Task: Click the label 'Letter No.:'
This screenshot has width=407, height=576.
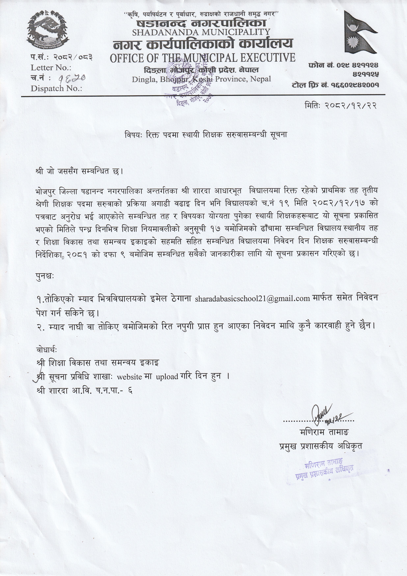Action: (x=51, y=68)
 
